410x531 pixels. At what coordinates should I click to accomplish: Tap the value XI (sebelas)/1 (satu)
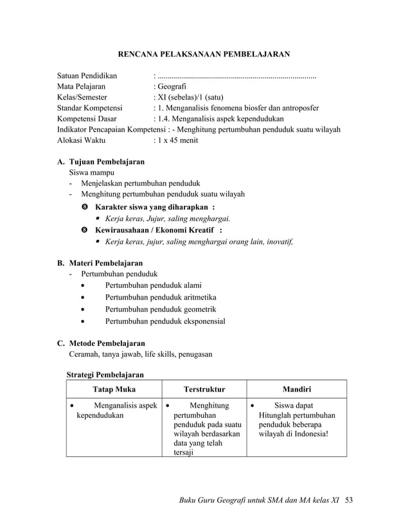click(x=190, y=97)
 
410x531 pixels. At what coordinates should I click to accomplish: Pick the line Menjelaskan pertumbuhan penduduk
click(x=140, y=183)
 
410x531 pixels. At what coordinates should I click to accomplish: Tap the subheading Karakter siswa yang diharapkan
click(x=154, y=207)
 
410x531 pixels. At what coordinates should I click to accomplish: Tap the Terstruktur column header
click(x=204, y=389)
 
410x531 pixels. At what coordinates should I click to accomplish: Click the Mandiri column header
click(x=297, y=389)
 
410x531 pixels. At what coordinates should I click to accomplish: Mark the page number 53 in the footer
click(x=349, y=500)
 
